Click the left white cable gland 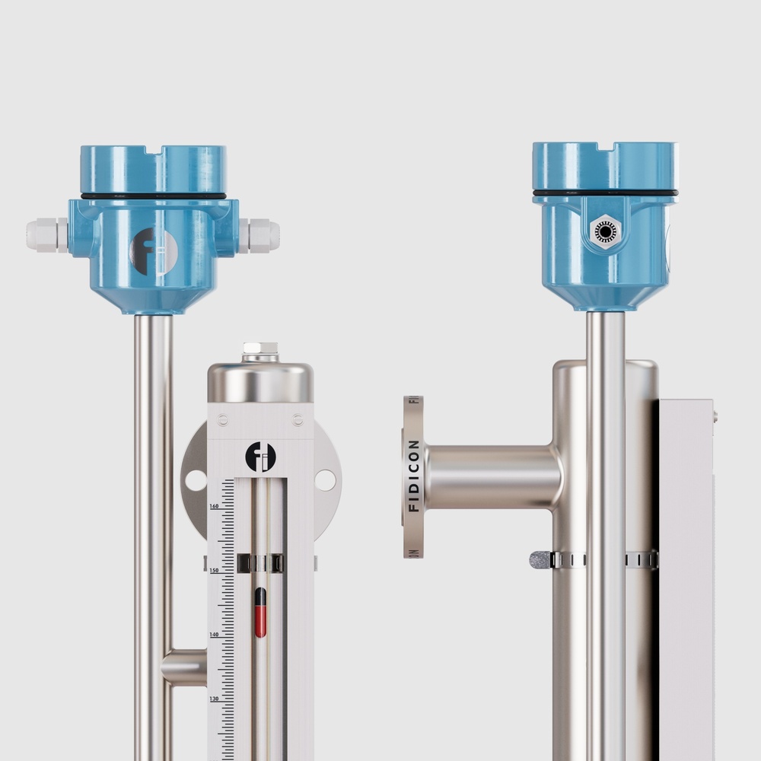pos(46,235)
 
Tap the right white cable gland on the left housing pos(260,235)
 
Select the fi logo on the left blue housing pos(154,252)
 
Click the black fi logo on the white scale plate pos(260,457)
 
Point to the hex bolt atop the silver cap pos(260,352)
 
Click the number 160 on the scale pos(214,506)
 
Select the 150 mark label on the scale pos(214,570)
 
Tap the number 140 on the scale pos(214,634)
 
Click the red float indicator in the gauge pos(260,613)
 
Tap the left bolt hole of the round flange pos(196,480)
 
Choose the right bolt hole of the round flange pos(325,480)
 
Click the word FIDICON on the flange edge pos(413,476)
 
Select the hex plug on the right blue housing pos(605,231)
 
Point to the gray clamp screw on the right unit pos(540,560)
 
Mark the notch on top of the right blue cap pos(605,145)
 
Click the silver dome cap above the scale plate pos(260,382)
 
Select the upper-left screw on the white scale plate pos(223,419)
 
